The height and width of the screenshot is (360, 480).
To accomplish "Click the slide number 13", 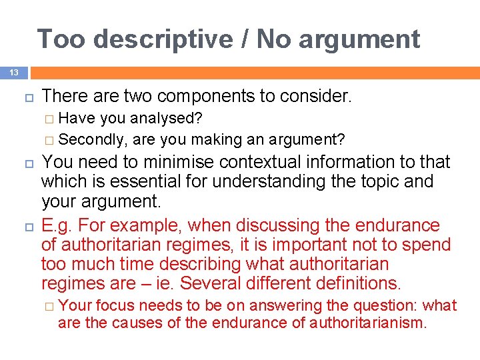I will point(13,72).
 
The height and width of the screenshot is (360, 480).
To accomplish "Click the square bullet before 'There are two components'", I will point(27,97).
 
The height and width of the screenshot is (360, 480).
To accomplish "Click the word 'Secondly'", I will point(93,139).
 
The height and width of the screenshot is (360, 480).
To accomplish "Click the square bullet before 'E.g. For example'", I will point(27,225).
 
